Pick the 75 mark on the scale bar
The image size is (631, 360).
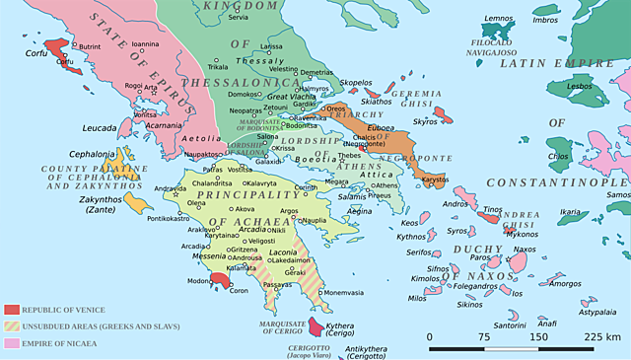(x=483, y=336)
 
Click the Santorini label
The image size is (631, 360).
(x=509, y=324)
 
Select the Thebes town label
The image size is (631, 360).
(x=349, y=156)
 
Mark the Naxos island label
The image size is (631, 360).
(x=550, y=250)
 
